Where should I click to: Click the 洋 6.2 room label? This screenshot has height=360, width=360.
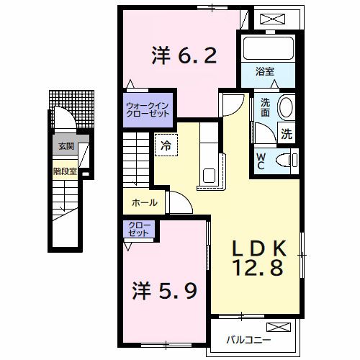[183, 55]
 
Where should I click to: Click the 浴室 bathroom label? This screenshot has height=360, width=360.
[265, 71]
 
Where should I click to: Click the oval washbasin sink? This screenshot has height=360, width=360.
[286, 107]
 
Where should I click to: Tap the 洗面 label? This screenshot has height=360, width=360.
[266, 108]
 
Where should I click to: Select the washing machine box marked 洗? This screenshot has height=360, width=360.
[287, 133]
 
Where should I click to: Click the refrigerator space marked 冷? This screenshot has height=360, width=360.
[166, 145]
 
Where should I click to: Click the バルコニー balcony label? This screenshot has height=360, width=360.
[248, 338]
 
